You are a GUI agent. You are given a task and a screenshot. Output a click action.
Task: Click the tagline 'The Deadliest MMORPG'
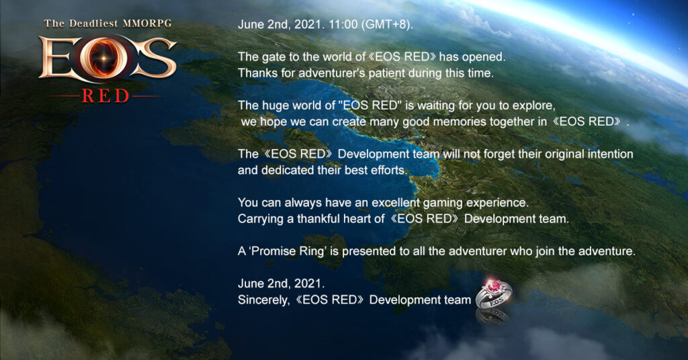pyautogui.click(x=108, y=24)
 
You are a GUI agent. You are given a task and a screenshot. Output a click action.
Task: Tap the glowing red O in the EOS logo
pyautogui.click(x=104, y=58)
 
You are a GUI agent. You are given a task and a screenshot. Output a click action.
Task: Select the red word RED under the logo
pyautogui.click(x=105, y=96)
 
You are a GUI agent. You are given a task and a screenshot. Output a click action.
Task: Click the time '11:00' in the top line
pyautogui.click(x=343, y=25)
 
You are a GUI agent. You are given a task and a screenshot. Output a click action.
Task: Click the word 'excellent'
pyautogui.click(x=396, y=203)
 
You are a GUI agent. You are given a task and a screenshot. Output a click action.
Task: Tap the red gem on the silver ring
pyautogui.click(x=494, y=286)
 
